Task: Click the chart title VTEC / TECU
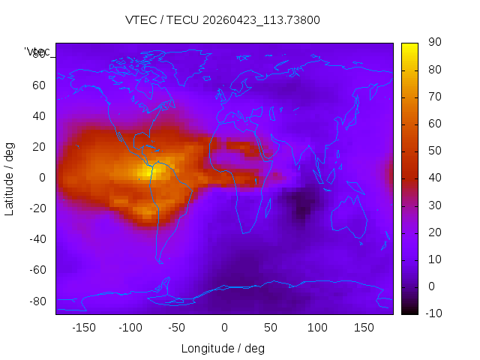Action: (223, 20)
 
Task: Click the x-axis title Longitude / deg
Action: (223, 348)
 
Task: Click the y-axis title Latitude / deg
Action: (10, 177)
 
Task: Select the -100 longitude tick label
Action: (130, 328)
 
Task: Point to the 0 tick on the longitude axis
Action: (223, 328)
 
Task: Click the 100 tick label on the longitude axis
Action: (317, 328)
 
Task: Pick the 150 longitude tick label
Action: (364, 328)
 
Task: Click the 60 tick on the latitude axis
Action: (39, 85)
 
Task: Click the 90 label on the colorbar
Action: (433, 43)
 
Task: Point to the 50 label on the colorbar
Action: (433, 151)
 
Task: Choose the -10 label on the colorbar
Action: (433, 313)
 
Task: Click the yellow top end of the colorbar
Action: (409, 46)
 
